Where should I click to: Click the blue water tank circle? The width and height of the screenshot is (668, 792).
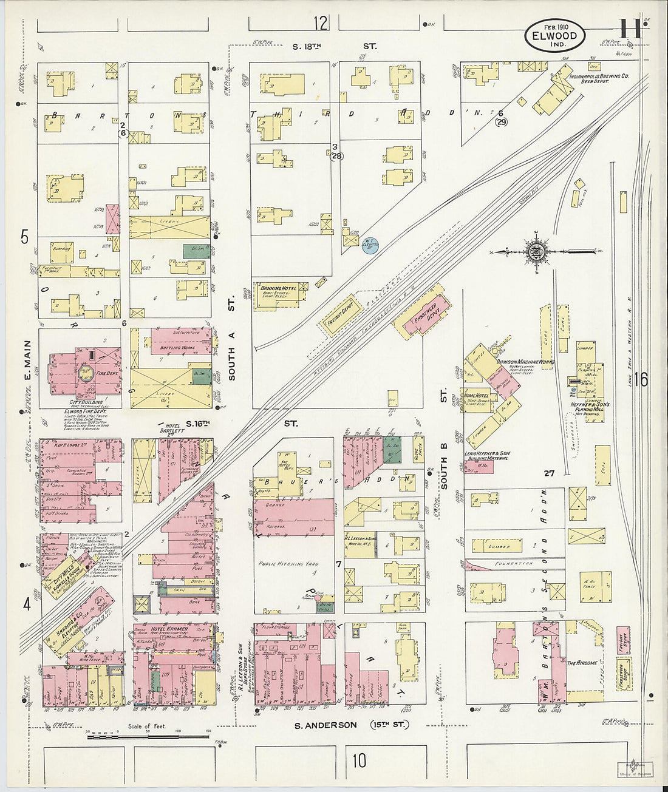point(370,245)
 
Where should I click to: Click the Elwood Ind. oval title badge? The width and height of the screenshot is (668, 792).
point(554,36)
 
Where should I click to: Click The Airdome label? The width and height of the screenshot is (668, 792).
point(579,663)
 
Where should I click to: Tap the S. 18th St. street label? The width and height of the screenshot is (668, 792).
point(334,46)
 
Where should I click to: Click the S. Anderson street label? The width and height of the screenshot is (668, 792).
point(325,725)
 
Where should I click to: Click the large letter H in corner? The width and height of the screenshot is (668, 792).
point(630,29)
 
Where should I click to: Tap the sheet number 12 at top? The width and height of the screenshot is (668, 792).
point(321,23)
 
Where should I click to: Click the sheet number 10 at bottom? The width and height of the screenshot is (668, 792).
point(360,760)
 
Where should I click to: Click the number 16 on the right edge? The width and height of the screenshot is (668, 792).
point(641,380)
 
